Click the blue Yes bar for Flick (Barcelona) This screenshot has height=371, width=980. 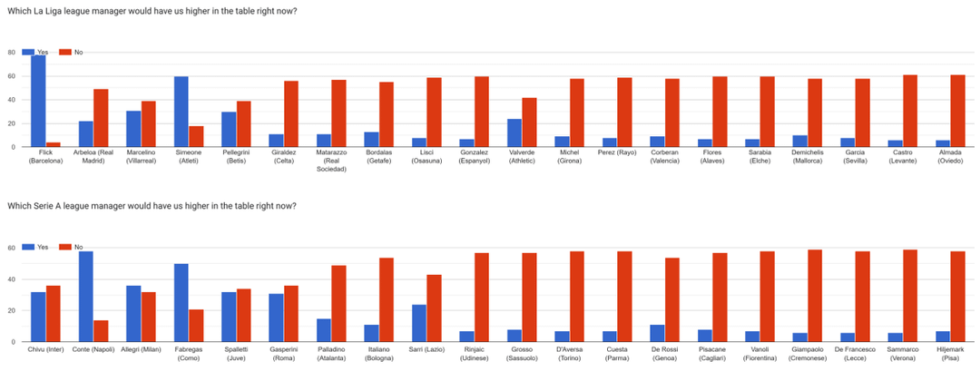click(38, 100)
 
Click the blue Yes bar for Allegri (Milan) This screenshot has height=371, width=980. click(133, 314)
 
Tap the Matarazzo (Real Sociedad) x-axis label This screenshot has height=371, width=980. click(325, 161)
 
